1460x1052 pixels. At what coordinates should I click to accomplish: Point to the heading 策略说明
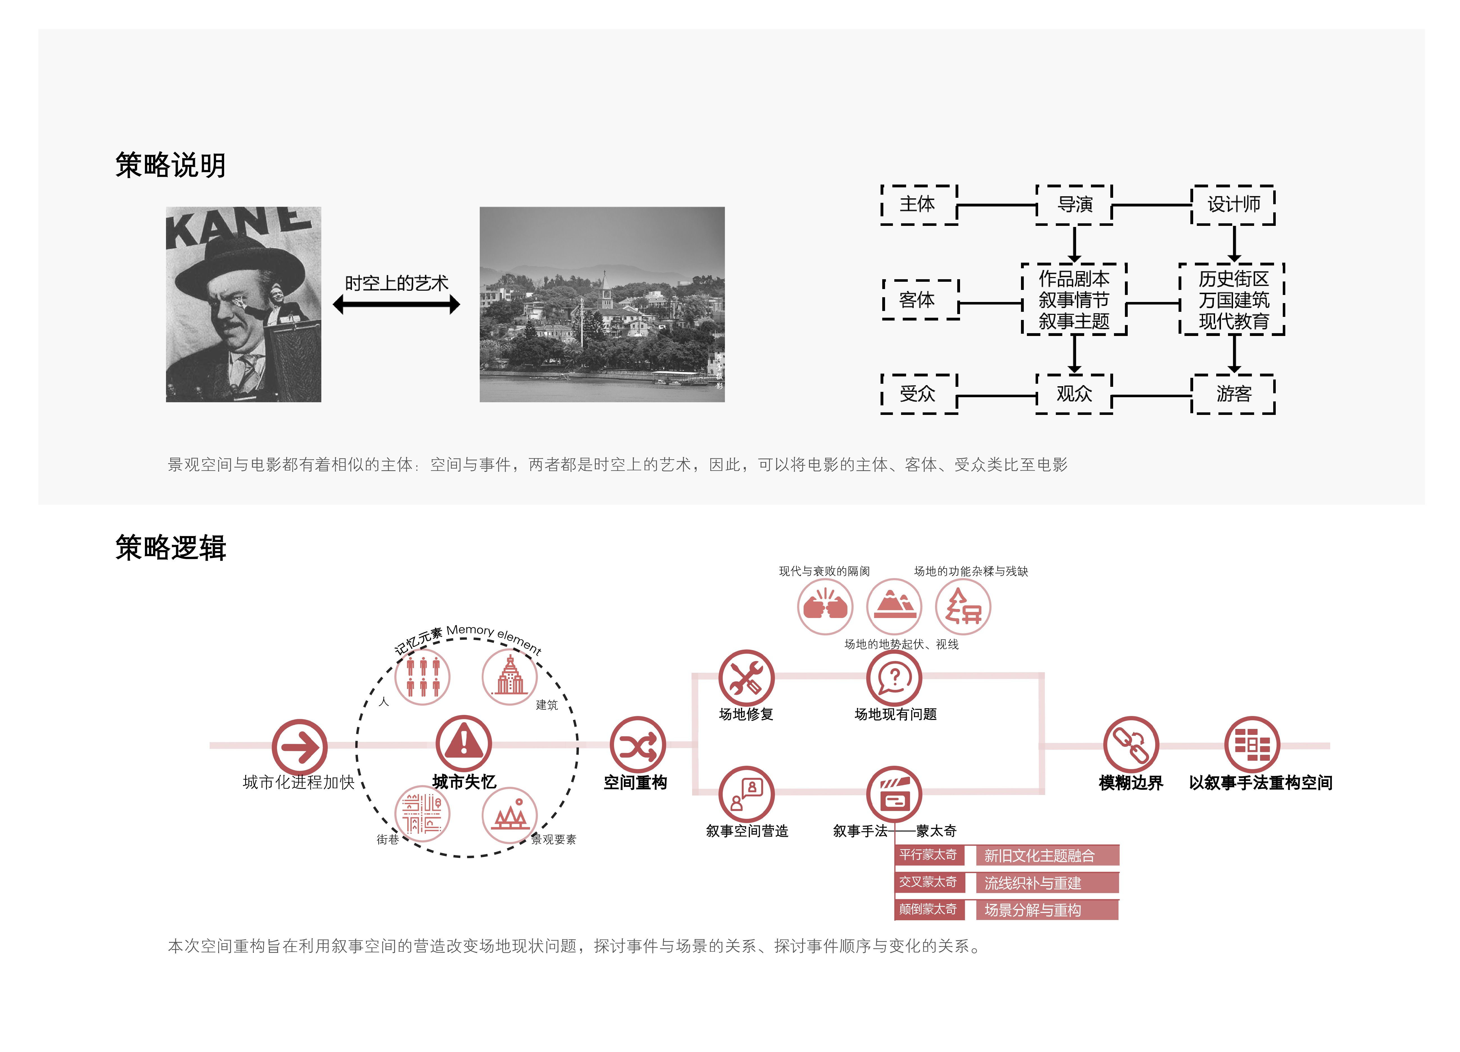[170, 165]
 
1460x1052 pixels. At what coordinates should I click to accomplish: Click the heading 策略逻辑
[170, 548]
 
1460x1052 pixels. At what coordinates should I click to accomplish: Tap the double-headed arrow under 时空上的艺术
[397, 304]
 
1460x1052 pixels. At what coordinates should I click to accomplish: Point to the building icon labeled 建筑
[510, 677]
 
